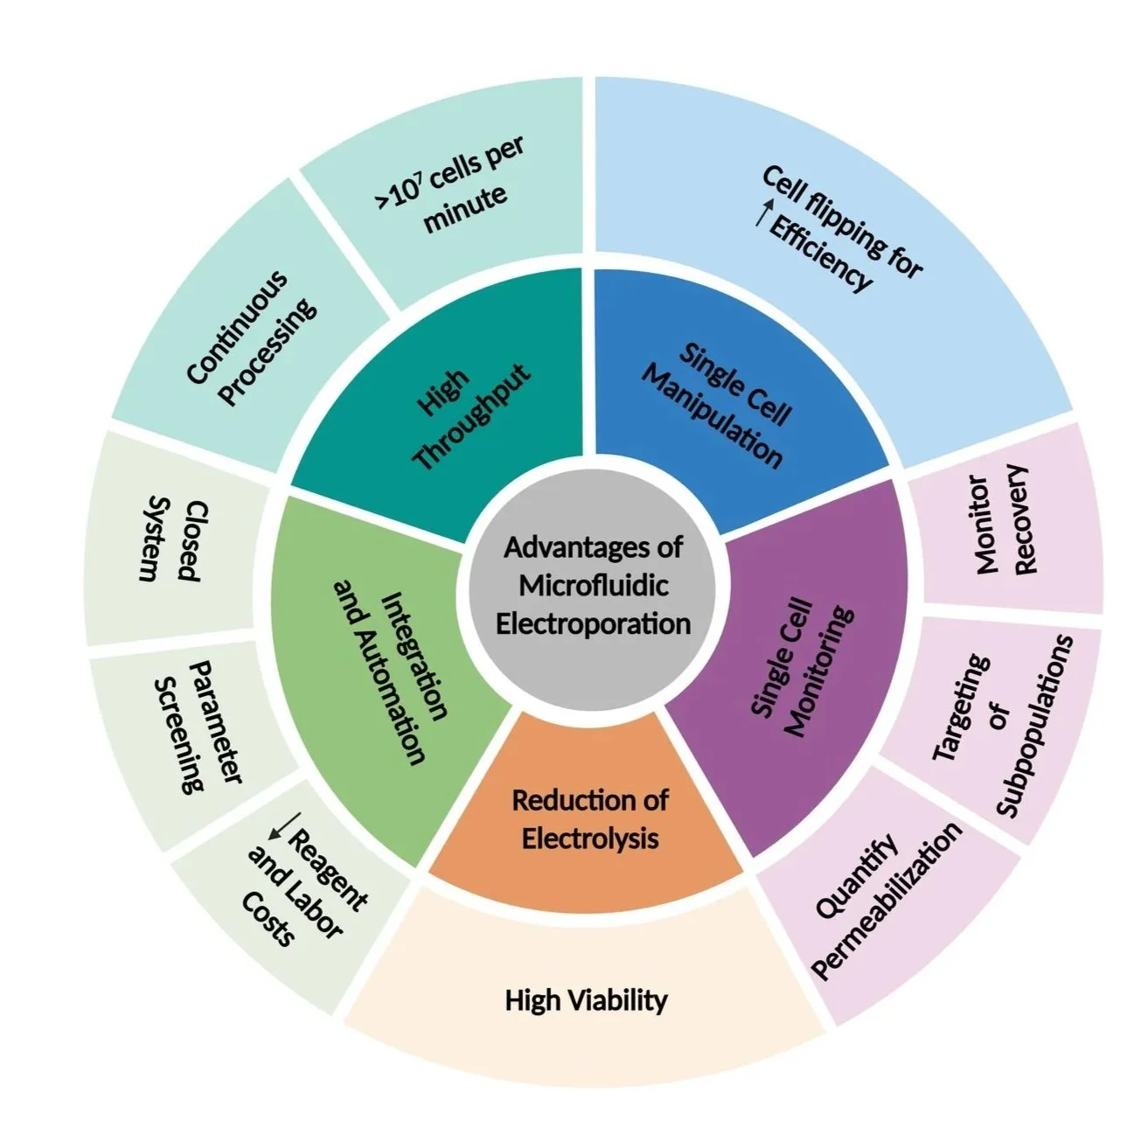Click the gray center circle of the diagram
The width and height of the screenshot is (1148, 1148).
pos(592,586)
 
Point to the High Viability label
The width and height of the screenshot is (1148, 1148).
pos(586,999)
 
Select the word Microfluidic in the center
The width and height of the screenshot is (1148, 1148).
pos(593,585)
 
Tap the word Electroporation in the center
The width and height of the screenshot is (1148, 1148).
pos(593,623)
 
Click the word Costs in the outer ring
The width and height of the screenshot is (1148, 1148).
pos(267,922)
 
